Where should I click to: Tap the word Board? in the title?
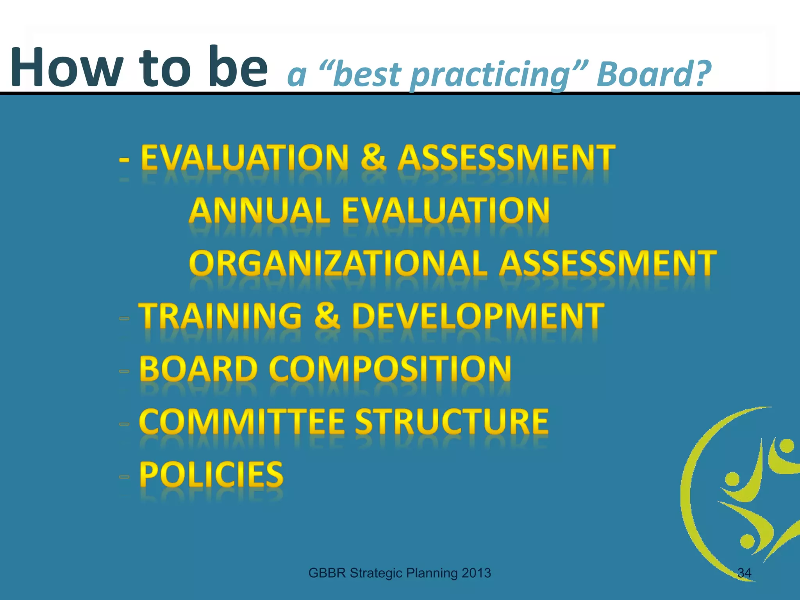pos(654,74)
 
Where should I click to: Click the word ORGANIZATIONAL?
pos(338,263)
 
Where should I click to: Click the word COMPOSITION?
pos(390,369)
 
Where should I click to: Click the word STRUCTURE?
pos(452,421)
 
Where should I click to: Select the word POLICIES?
pos(211,474)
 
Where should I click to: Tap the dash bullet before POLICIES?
pos(124,477)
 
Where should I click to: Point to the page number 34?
pos(744,573)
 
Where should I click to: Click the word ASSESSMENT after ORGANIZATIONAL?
pos(608,263)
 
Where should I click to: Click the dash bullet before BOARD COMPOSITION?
pos(124,371)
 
